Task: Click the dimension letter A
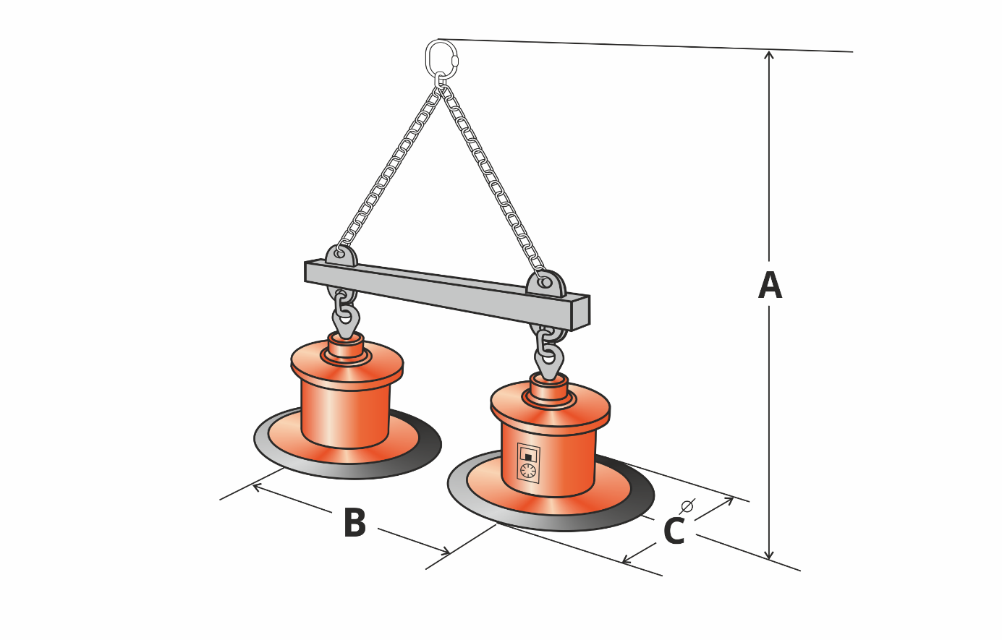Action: [x=770, y=286]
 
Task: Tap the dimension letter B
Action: [x=354, y=523]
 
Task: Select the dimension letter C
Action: [x=674, y=532]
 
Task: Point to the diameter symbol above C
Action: [x=687, y=506]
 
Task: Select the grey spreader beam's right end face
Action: [x=580, y=313]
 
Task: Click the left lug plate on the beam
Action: [x=341, y=257]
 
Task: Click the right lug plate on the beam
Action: [x=547, y=284]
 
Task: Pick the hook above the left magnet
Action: [x=346, y=319]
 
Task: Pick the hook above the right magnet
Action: [x=549, y=359]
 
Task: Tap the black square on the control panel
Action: [x=528, y=457]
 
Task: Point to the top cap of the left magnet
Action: [x=346, y=345]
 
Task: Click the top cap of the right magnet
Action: [x=548, y=387]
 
